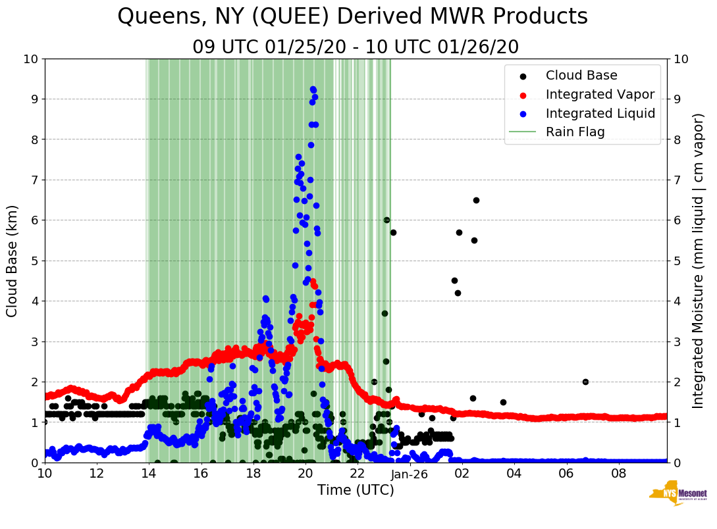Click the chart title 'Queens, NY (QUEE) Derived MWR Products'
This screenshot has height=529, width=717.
(x=352, y=16)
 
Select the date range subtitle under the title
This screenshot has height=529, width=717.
(x=356, y=47)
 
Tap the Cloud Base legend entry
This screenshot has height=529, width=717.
(x=581, y=76)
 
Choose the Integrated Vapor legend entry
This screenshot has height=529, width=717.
(x=600, y=94)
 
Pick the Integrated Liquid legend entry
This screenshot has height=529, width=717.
(x=600, y=113)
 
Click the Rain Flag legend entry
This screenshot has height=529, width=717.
(x=575, y=132)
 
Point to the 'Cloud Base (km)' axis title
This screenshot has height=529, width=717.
(x=12, y=261)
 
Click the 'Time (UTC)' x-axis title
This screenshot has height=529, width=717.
(x=356, y=490)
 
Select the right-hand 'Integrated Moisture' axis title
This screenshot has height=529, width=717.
(x=699, y=261)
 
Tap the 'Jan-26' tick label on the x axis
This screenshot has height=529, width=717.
(x=410, y=474)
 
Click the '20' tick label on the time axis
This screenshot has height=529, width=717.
(x=305, y=474)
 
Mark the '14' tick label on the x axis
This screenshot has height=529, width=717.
(x=149, y=474)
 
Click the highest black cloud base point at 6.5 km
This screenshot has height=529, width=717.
(x=476, y=200)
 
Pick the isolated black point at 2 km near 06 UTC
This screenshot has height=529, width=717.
(x=585, y=382)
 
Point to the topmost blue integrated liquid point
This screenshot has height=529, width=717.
(x=313, y=89)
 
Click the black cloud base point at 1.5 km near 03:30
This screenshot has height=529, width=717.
(x=503, y=402)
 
